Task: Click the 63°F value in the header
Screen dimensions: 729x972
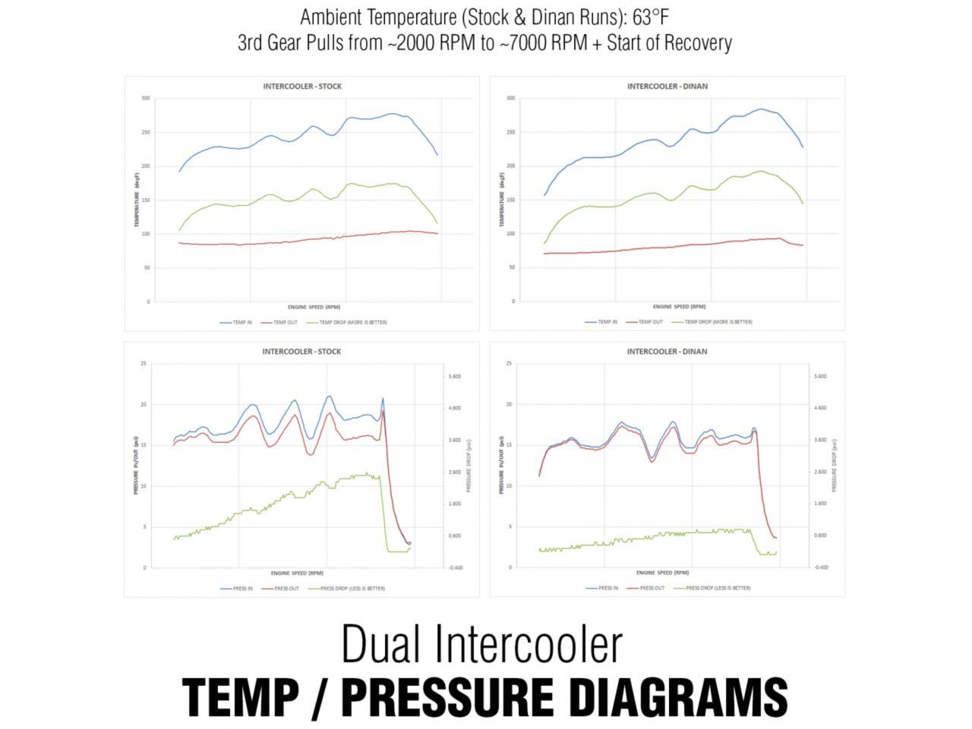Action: coord(649,17)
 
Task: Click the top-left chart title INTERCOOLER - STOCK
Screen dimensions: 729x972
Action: coord(302,87)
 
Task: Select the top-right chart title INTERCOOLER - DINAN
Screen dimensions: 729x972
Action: coord(667,87)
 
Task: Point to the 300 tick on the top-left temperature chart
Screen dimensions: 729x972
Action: coord(145,99)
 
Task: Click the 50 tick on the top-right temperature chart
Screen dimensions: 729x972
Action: coord(511,267)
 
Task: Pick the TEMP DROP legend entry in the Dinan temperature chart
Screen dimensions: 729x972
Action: coord(718,322)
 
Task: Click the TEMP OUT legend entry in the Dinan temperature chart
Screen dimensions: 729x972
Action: coord(650,322)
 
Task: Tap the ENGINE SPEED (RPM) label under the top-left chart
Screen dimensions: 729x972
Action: coord(314,308)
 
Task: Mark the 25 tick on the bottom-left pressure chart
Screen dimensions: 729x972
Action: coord(144,364)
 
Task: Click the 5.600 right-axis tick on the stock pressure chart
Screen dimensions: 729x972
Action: coord(454,377)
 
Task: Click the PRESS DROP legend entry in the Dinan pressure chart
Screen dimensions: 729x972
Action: coord(718,589)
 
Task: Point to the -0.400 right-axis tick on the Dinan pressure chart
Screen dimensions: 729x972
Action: coord(820,567)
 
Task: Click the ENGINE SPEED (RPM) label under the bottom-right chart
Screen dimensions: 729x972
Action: coord(662,573)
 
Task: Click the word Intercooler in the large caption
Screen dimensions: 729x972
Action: coord(530,644)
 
